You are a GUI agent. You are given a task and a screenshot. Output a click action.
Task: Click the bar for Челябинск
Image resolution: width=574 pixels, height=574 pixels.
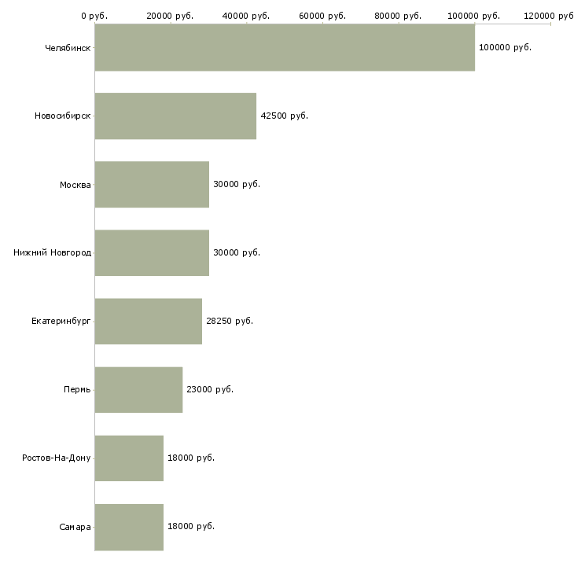pos(285,47)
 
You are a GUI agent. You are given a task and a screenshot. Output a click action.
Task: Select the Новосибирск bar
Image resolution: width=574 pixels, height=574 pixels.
pos(175,116)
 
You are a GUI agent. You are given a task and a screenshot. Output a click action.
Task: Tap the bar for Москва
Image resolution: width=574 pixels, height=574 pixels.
pos(152,184)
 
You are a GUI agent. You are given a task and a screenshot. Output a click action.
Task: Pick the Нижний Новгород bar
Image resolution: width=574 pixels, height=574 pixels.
pos(152,252)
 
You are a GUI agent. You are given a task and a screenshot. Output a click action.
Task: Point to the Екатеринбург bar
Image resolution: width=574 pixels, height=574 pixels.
pos(149,321)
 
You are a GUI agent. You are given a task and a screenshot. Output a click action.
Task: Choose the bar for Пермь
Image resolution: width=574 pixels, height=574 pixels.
pos(138,389)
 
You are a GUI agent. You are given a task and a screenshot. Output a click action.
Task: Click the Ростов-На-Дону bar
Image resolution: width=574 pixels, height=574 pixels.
pos(129,458)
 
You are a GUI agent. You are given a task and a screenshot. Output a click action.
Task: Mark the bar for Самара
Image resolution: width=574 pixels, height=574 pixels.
pos(129,527)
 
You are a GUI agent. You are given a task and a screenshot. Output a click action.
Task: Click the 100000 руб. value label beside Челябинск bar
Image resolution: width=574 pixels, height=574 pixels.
pos(505,48)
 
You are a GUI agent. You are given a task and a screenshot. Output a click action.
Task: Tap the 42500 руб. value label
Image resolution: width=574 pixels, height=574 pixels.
pos(285,116)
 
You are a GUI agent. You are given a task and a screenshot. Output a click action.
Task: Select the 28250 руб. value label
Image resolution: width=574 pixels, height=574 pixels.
pos(230,321)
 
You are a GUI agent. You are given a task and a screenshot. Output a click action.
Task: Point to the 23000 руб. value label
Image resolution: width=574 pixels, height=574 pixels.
pos(210,389)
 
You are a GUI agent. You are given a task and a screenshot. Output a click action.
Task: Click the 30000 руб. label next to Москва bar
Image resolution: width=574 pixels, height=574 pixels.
pos(237,184)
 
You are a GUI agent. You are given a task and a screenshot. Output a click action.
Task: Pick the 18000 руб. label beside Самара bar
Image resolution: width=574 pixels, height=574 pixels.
pos(191,526)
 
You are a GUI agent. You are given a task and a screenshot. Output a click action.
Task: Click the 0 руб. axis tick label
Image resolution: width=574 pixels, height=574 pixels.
pos(94,16)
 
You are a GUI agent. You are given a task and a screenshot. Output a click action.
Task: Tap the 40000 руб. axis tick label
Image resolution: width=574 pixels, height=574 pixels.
pos(246,16)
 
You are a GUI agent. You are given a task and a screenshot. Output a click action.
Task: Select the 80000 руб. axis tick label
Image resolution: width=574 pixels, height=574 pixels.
pos(398,16)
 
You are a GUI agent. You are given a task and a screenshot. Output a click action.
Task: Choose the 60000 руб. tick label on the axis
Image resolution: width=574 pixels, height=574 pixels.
pos(322,16)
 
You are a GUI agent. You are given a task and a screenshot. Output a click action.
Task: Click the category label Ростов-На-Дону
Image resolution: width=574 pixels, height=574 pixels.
pos(57,458)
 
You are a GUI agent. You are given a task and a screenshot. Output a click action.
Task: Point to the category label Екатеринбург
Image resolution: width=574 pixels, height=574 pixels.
pos(61,322)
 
